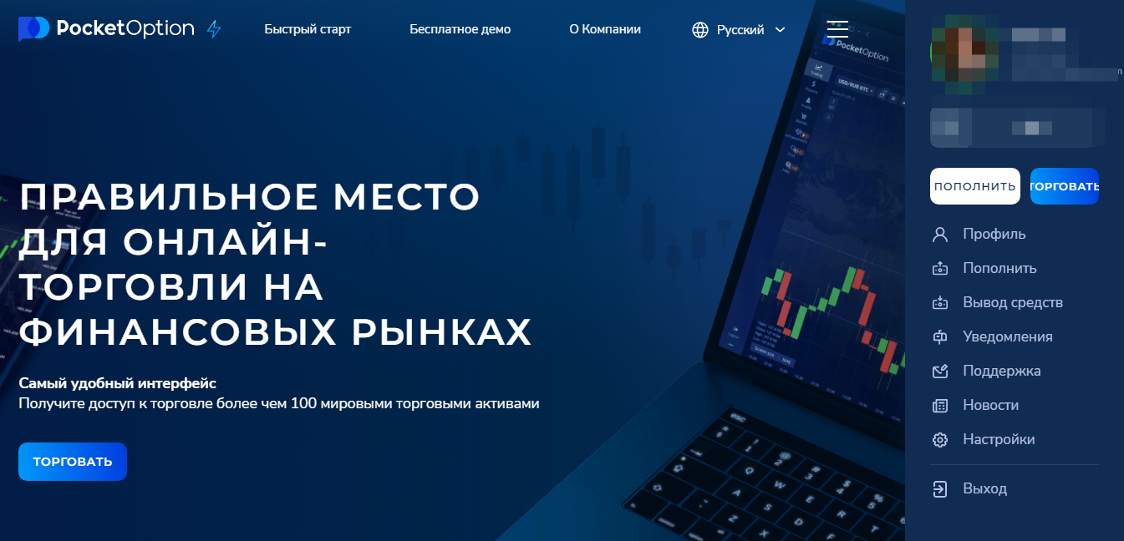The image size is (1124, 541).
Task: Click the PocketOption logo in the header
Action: click(106, 28)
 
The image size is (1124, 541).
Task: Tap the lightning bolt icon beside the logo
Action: click(214, 29)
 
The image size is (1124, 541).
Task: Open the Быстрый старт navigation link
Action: click(308, 29)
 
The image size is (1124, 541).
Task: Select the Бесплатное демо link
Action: click(460, 29)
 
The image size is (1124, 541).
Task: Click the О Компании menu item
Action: click(605, 29)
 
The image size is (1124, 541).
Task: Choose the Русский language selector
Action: click(740, 30)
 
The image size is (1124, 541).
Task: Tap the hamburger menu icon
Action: click(837, 28)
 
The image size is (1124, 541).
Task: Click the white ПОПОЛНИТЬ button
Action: click(974, 186)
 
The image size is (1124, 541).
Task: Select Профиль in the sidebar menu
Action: click(994, 234)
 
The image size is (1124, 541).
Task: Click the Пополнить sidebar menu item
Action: click(999, 268)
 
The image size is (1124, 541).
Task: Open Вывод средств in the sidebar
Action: click(1012, 302)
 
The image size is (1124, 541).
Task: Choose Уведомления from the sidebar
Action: click(1007, 336)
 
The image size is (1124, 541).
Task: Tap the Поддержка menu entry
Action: click(1001, 371)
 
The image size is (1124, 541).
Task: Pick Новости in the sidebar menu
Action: click(990, 405)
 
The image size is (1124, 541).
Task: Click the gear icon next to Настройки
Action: click(940, 439)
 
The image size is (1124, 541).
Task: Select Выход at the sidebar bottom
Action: click(984, 488)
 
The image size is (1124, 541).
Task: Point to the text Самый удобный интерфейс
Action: click(117, 383)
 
